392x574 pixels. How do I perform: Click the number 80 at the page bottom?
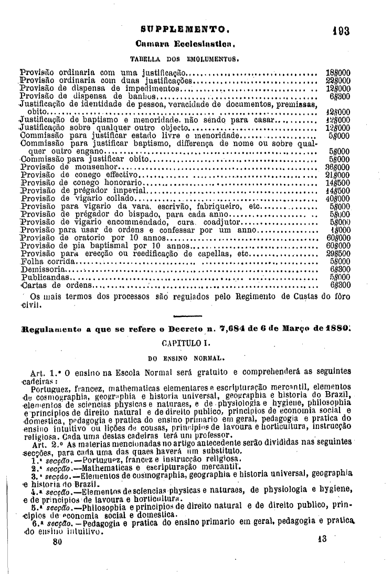pyautogui.click(x=58, y=540)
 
